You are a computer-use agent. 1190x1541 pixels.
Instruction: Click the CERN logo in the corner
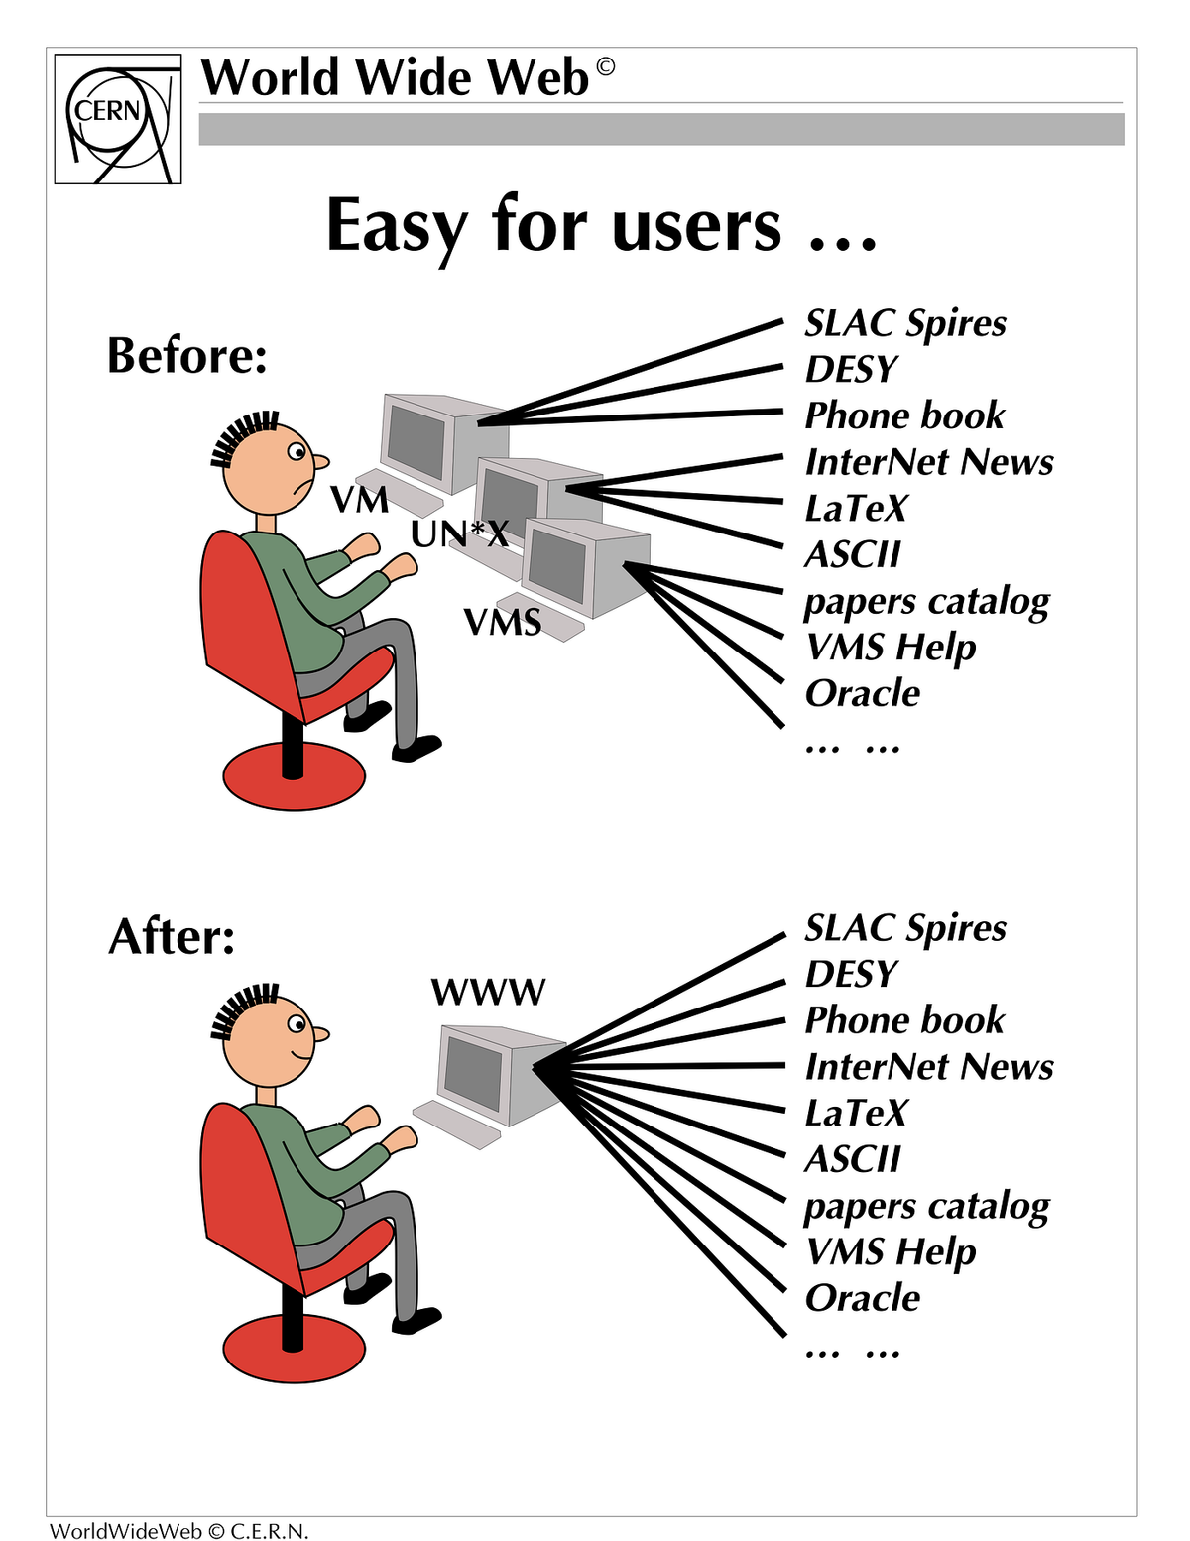click(x=117, y=119)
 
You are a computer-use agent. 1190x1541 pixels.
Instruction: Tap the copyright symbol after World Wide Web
click(x=604, y=67)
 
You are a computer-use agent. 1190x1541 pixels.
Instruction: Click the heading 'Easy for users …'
click(x=601, y=226)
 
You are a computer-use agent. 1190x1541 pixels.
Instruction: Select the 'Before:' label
click(x=187, y=355)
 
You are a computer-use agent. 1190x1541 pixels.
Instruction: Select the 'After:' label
click(x=172, y=936)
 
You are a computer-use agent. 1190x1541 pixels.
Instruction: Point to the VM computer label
click(x=359, y=500)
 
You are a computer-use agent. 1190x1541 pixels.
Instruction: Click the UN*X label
click(x=459, y=534)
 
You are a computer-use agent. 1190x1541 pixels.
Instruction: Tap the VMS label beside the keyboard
click(x=503, y=622)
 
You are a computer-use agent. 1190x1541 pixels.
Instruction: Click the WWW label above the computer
click(x=488, y=992)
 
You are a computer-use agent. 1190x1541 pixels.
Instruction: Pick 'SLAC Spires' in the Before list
click(x=904, y=323)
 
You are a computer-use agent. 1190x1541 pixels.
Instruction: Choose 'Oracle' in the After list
click(x=862, y=1298)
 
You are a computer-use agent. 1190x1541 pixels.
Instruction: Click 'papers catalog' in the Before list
click(x=926, y=602)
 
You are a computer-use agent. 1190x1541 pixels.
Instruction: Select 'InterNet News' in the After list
click(x=928, y=1067)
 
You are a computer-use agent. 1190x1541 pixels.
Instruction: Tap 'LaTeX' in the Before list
click(x=855, y=509)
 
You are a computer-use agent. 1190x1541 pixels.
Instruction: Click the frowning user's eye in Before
click(x=297, y=453)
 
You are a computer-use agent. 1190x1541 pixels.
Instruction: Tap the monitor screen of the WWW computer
click(x=474, y=1072)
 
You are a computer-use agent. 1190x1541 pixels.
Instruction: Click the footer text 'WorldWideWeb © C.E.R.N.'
click(x=179, y=1531)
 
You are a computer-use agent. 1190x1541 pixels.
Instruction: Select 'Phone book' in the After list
click(x=903, y=1020)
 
